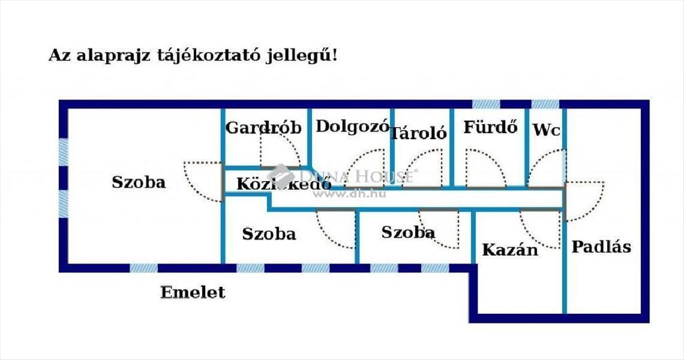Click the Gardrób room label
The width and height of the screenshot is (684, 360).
coord(263,128)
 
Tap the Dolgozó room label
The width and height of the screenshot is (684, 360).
coord(353,126)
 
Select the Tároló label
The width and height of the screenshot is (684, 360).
coord(418,133)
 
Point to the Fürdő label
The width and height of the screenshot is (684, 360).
coord(491,127)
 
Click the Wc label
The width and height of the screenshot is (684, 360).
coord(547,130)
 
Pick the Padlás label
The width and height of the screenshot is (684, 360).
coord(601,247)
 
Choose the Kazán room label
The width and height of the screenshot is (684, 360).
coord(510,250)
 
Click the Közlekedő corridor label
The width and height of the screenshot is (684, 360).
coord(284,184)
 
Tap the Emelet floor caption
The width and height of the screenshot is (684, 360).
coord(193,292)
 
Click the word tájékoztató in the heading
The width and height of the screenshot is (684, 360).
coord(209,56)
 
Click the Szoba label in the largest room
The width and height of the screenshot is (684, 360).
coord(139,182)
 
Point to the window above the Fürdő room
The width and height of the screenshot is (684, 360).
coord(486,104)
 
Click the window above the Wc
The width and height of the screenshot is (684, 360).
coord(545,104)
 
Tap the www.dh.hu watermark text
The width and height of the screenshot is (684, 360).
coord(349,194)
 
